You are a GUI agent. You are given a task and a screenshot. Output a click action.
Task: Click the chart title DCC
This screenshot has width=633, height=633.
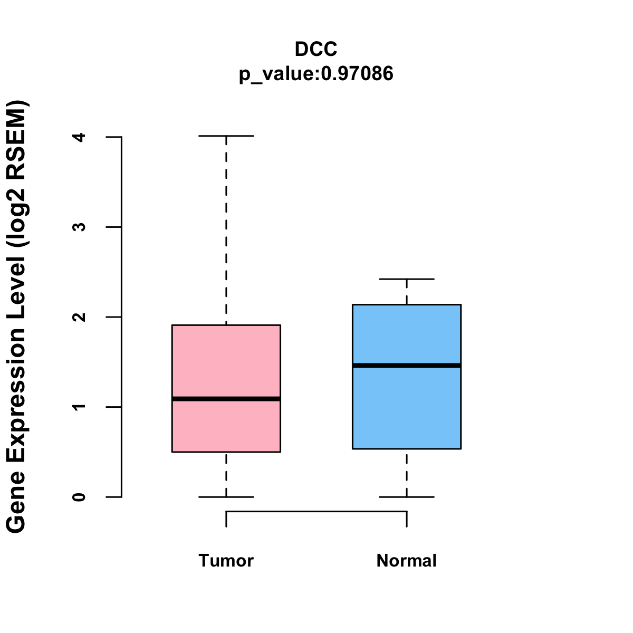point(316,49)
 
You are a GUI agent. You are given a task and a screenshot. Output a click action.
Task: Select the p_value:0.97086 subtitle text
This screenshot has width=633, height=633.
point(316,74)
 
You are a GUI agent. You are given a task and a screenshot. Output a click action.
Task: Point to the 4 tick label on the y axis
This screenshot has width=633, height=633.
point(79,137)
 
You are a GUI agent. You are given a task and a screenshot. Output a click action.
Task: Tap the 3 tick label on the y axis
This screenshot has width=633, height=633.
point(79,227)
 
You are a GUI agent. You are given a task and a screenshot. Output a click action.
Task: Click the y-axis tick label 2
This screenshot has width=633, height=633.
point(79,317)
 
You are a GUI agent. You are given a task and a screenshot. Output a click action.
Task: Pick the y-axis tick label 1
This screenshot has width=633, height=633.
point(79,407)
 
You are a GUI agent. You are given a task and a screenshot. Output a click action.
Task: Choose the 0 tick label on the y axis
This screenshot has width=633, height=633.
point(79,497)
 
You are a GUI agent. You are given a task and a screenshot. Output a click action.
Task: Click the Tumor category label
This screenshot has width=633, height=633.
point(226,560)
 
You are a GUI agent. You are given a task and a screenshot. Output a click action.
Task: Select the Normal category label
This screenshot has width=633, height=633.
point(406,560)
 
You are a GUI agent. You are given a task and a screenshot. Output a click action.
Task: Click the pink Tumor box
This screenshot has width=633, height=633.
point(226,359)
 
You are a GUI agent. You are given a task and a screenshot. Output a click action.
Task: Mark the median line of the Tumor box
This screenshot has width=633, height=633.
point(226,399)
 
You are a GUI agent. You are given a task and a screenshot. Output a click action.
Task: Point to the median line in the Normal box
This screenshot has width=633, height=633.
point(406,365)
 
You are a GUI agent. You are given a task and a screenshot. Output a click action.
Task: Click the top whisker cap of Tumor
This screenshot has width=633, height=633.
point(226,136)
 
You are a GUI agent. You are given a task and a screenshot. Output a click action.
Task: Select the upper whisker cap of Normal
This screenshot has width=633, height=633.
point(406,279)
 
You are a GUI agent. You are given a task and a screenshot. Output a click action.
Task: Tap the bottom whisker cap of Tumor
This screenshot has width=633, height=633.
point(226,497)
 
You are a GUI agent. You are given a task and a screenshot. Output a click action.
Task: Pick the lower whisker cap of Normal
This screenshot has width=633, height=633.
point(406,497)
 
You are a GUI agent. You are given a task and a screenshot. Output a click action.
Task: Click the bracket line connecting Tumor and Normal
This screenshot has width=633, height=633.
point(316,511)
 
